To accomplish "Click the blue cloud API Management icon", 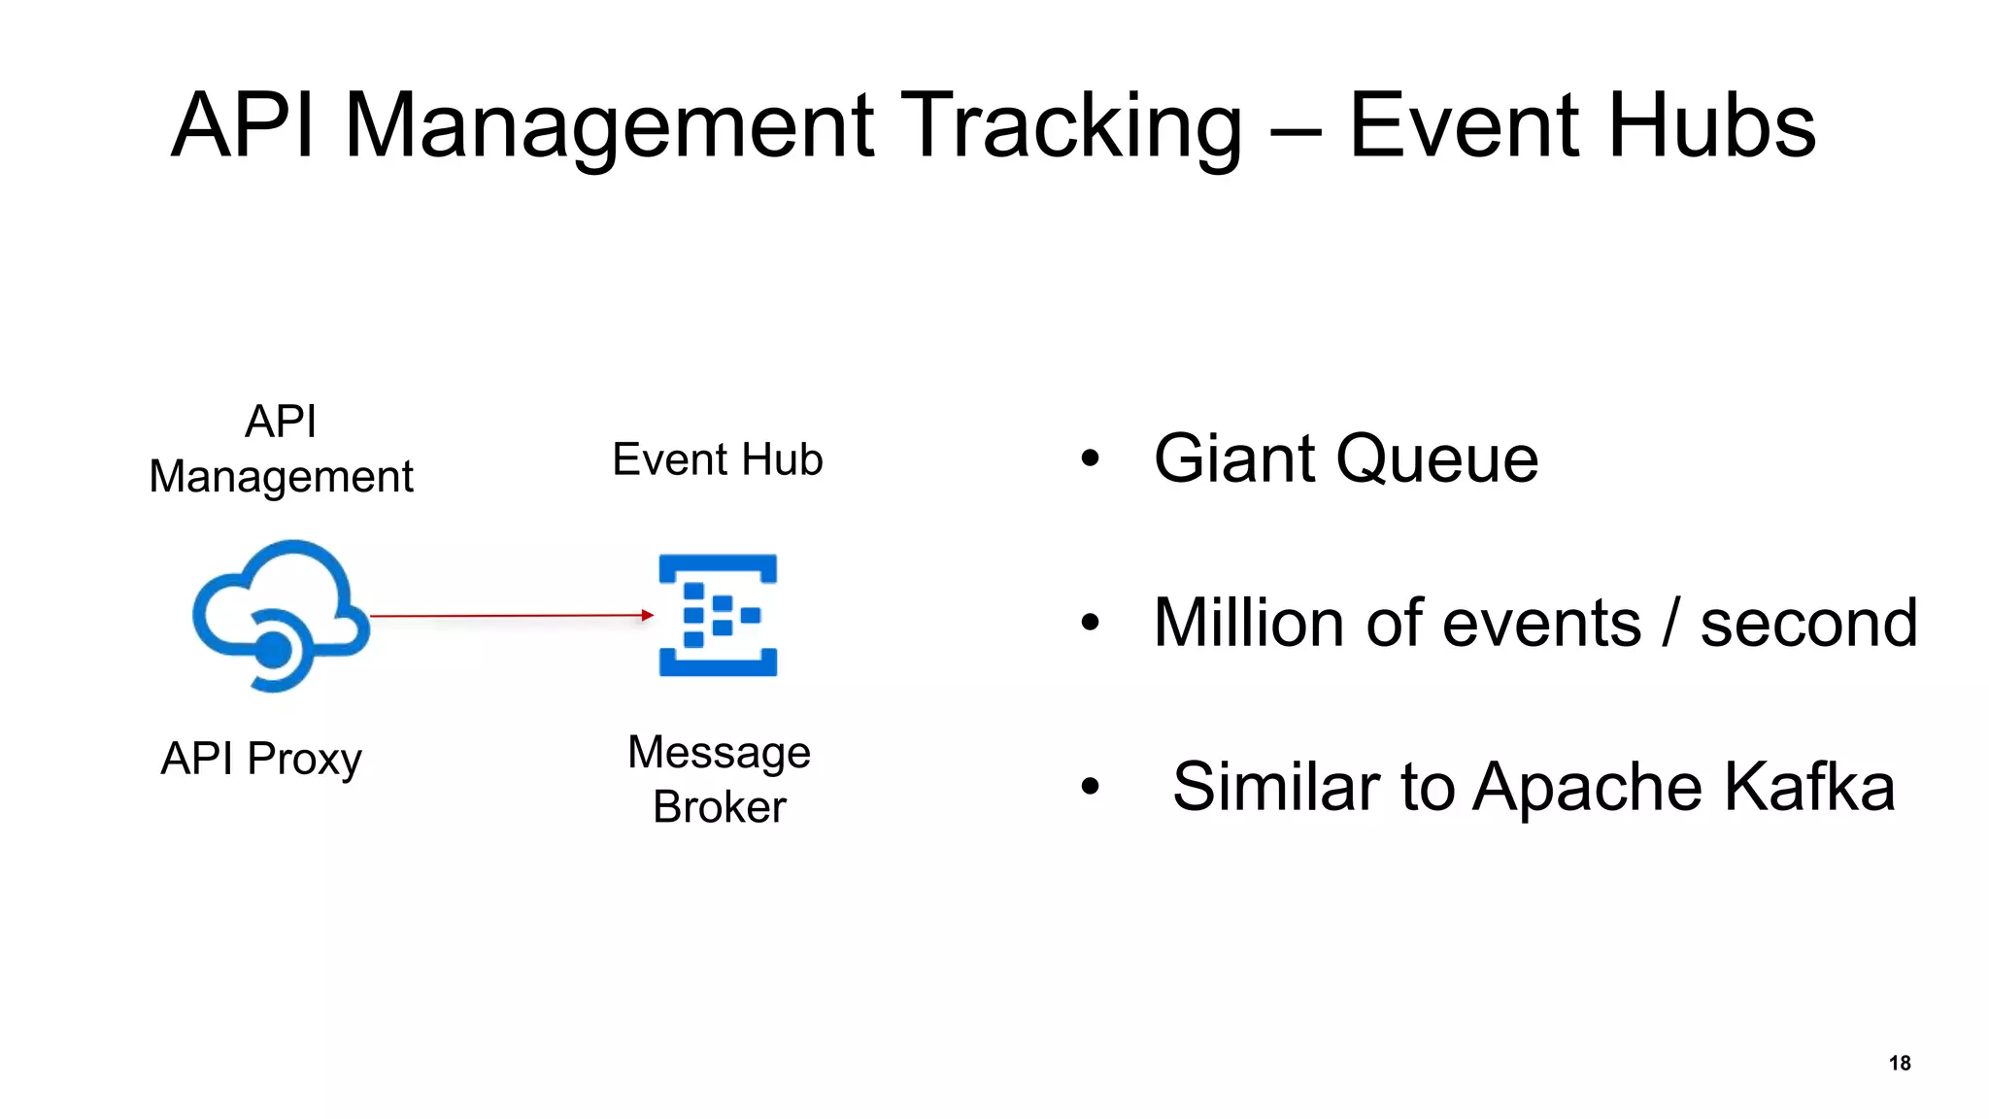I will click(280, 614).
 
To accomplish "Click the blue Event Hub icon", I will click(718, 615).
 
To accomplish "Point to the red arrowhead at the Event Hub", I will click(648, 615).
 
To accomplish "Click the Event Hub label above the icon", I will click(717, 459).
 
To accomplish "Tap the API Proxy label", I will click(261, 759).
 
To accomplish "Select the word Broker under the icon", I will click(719, 807).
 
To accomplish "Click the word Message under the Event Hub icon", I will click(719, 752).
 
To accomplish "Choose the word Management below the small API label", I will click(281, 477).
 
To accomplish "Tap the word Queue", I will click(1436, 458).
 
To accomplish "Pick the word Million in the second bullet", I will click(1251, 623).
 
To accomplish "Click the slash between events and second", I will click(1669, 623).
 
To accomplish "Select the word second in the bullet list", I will click(1808, 623).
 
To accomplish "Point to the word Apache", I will click(1588, 787).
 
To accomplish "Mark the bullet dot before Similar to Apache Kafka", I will click(1091, 787).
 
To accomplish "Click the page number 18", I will click(1900, 1063).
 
